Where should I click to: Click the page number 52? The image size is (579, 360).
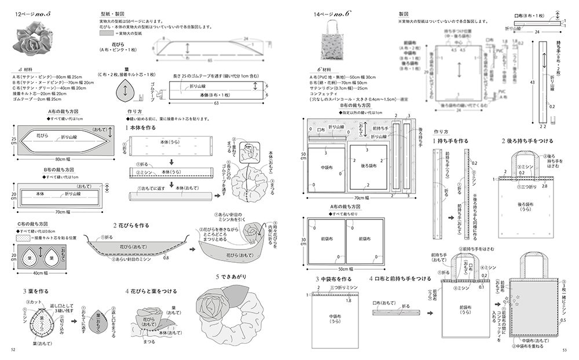[x=13, y=349]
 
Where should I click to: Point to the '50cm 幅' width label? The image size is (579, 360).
[x=344, y=269]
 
